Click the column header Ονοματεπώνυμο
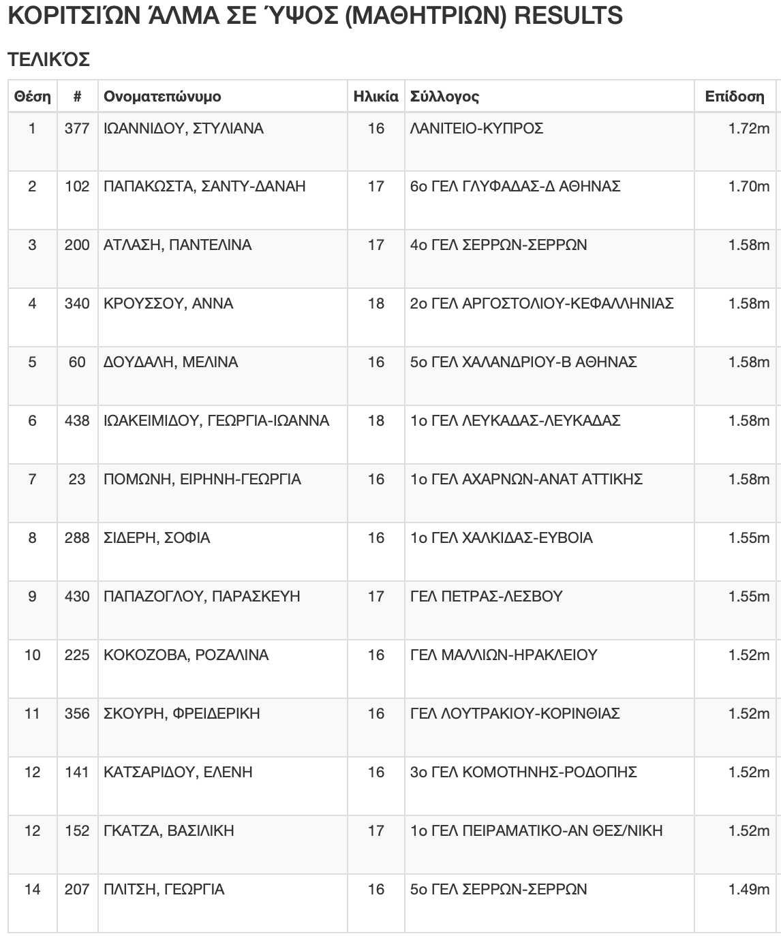(x=162, y=97)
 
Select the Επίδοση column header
(x=735, y=97)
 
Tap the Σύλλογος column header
(x=444, y=97)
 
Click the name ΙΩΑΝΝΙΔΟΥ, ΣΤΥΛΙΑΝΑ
(x=183, y=129)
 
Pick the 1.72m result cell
(x=749, y=129)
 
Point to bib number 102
(x=77, y=187)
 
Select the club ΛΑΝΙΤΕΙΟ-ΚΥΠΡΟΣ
(x=476, y=129)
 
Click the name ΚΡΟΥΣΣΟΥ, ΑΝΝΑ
(x=168, y=304)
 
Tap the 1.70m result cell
(x=749, y=187)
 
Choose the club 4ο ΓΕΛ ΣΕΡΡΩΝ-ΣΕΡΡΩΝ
(x=498, y=245)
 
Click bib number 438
(x=77, y=421)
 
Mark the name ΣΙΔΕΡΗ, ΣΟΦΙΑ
(x=157, y=538)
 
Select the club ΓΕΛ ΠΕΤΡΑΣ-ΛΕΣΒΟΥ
(x=486, y=597)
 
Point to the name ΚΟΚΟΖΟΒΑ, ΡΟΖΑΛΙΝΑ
(x=186, y=655)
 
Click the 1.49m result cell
(x=749, y=890)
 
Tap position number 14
(x=32, y=890)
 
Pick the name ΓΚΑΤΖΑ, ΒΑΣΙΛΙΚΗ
(x=168, y=831)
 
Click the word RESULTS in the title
(x=568, y=15)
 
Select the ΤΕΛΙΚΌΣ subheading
(x=48, y=60)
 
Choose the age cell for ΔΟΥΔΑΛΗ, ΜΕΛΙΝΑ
(x=376, y=362)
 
